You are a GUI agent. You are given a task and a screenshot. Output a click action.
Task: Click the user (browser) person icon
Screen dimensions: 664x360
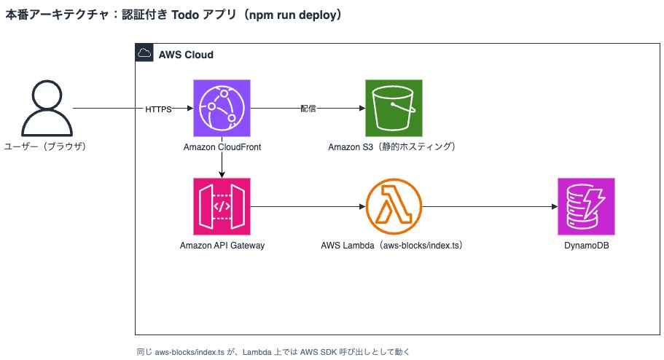click(47, 109)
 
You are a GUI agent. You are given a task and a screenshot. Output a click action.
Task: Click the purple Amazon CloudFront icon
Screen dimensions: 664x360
click(222, 108)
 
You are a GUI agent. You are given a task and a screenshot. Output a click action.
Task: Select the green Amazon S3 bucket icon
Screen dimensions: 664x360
click(394, 108)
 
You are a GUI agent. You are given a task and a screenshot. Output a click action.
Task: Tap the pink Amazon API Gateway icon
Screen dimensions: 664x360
click(222, 206)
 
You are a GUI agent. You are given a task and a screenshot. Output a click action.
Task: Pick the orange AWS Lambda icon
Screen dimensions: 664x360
click(394, 206)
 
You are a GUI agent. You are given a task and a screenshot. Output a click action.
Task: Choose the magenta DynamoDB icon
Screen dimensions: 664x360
click(586, 206)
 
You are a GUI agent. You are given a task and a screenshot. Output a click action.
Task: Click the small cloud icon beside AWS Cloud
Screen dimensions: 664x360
click(144, 53)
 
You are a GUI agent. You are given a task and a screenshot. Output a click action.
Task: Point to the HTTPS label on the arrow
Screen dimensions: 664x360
click(158, 109)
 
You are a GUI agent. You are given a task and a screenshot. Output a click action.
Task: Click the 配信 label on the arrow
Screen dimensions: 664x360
click(308, 109)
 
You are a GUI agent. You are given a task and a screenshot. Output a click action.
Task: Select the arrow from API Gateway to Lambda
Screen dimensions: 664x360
click(308, 207)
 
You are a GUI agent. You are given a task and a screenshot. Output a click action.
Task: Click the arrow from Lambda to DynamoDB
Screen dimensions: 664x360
click(490, 207)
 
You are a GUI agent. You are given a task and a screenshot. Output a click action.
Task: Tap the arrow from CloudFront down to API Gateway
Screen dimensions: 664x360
click(222, 157)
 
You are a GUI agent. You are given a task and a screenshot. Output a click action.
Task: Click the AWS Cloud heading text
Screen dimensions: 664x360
click(186, 55)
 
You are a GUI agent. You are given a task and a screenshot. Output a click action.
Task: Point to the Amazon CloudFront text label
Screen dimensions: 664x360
click(222, 147)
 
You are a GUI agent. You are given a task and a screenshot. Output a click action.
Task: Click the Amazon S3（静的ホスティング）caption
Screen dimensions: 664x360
click(392, 147)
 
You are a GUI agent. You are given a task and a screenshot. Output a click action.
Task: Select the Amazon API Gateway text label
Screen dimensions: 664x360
click(222, 246)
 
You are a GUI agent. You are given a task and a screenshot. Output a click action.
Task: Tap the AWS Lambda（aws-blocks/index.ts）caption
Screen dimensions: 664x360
click(392, 246)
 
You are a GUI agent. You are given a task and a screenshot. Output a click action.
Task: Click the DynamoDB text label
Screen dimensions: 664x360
click(587, 246)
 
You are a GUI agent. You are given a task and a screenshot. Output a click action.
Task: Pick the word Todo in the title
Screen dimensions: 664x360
click(185, 15)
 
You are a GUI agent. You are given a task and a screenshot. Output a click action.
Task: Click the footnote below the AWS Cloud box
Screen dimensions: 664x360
click(273, 352)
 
